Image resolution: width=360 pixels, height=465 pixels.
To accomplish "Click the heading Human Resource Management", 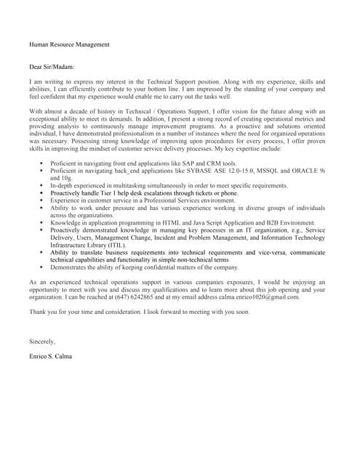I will coord(69,44).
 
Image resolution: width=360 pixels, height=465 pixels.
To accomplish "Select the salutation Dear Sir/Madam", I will coord(52,67).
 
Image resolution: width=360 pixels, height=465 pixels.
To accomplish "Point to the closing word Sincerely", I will coord(42,341).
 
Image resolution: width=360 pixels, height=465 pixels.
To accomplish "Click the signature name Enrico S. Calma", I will coord(51,356).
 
